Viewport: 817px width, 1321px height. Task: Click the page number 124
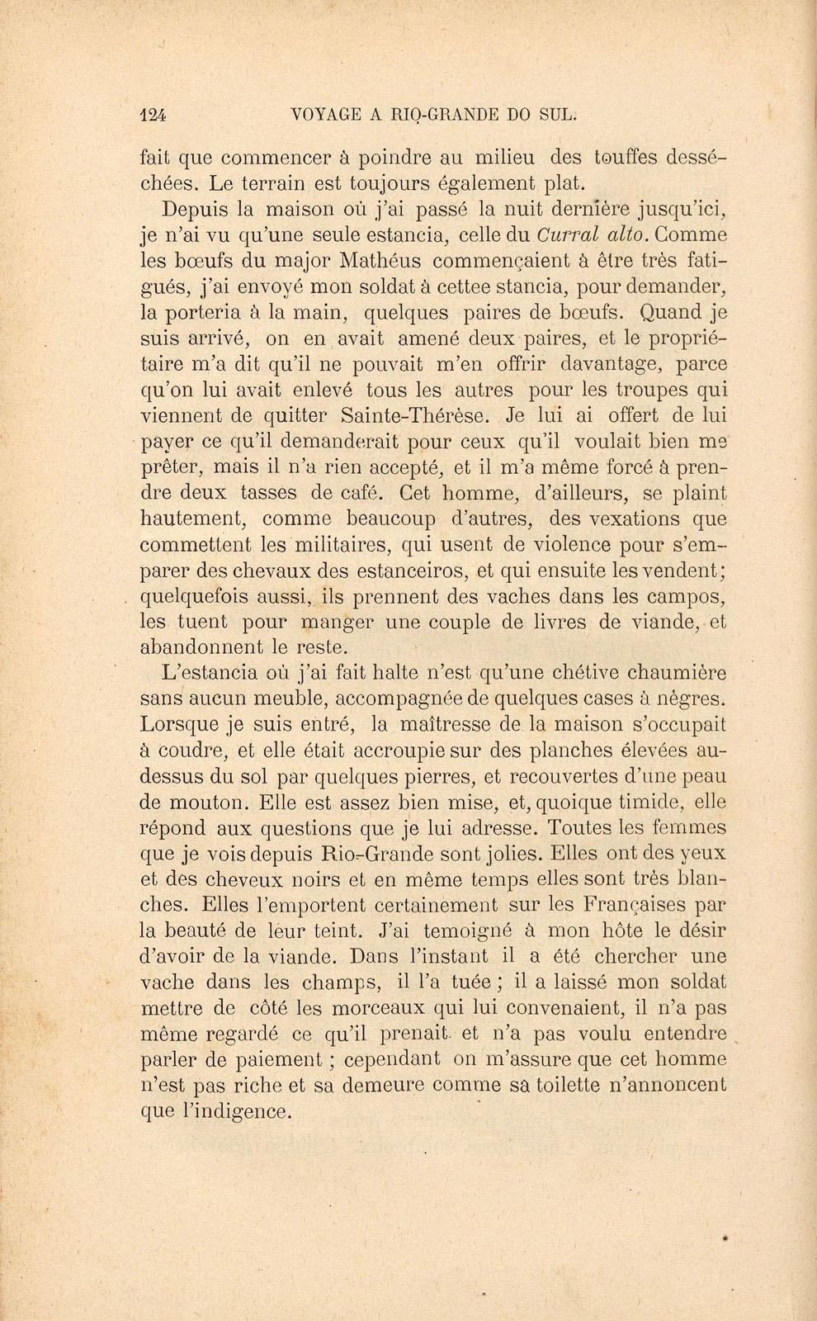click(x=154, y=116)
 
